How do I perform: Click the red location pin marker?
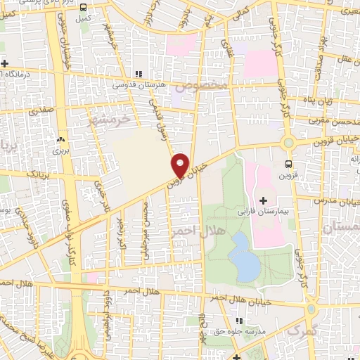tap(180, 165)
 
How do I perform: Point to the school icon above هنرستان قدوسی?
tap(139, 73)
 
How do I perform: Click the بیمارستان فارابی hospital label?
tap(262, 211)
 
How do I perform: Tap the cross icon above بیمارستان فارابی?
tap(263, 200)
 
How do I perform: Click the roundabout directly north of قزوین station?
tap(287, 143)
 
